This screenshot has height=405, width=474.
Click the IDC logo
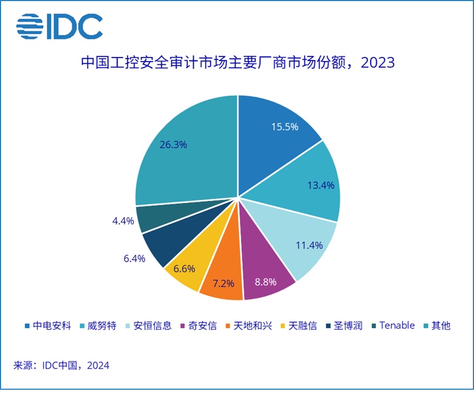pyautogui.click(x=59, y=26)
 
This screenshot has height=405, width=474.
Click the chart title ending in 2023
pyautogui.click(x=237, y=62)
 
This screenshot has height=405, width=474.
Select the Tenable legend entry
pyautogui.click(x=396, y=325)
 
